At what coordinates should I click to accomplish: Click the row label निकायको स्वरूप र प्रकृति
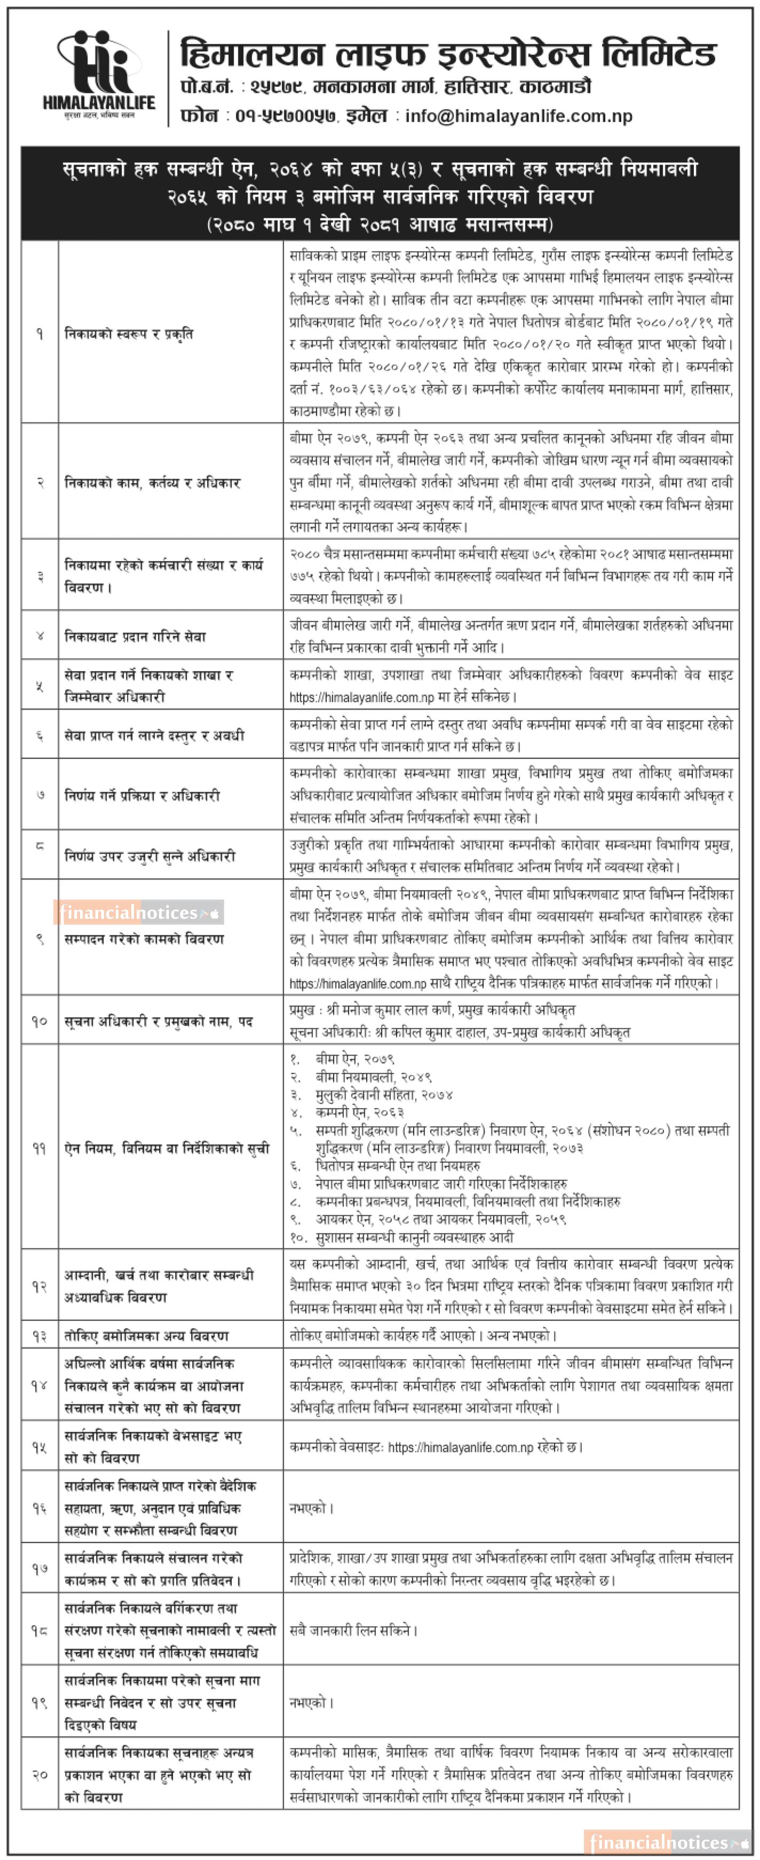tap(129, 334)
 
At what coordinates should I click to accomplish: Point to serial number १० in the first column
tap(39, 1021)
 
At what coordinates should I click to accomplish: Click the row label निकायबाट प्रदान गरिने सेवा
tap(135, 636)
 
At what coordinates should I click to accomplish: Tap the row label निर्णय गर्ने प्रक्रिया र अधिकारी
tap(142, 796)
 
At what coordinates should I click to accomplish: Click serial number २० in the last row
tap(39, 1774)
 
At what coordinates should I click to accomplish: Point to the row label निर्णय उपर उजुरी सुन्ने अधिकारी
tap(150, 856)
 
